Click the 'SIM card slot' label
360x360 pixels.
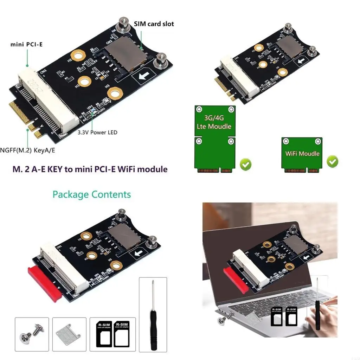tap(154, 24)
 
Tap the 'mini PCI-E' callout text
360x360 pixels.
tap(27, 45)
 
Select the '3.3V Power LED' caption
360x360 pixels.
tap(97, 133)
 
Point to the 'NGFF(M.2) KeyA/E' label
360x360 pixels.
tap(28, 150)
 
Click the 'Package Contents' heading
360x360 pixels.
tap(92, 194)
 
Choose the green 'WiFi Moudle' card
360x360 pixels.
tap(302, 154)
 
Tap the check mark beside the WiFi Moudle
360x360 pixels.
tap(333, 161)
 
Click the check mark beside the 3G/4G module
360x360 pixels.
tap(245, 164)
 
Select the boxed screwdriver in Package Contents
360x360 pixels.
tap(153, 315)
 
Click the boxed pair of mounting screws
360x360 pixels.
tap(32, 334)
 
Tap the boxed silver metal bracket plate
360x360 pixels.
tap(69, 334)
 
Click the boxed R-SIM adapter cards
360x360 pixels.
tap(112, 334)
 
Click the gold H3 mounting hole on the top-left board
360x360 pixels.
tap(115, 94)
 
